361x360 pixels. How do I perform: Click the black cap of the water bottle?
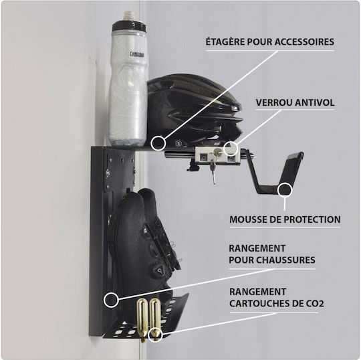[x=129, y=26]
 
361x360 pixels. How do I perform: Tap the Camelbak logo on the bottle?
[x=137, y=55]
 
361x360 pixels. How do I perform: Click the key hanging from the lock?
[x=213, y=169]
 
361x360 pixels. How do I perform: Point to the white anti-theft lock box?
[x=218, y=156]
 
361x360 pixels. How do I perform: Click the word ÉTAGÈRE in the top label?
[x=225, y=42]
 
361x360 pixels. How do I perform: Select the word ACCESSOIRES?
[x=304, y=42]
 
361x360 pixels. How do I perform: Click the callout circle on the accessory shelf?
[x=158, y=143]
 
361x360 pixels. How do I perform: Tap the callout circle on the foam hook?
[x=285, y=190]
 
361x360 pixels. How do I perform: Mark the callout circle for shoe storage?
[x=111, y=300]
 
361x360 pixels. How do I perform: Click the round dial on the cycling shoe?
[x=159, y=269]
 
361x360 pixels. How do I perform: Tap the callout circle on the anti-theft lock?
[x=231, y=148]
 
